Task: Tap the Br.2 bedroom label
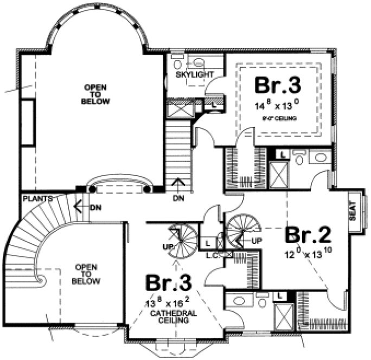click(308, 235)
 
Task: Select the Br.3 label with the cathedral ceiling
click(168, 284)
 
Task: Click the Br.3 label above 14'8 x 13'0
click(278, 86)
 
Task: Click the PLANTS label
click(37, 199)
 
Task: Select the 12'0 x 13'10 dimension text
click(308, 255)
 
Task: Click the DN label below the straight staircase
click(179, 198)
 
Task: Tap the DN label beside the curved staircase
click(95, 207)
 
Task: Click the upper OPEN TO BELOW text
click(95, 94)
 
